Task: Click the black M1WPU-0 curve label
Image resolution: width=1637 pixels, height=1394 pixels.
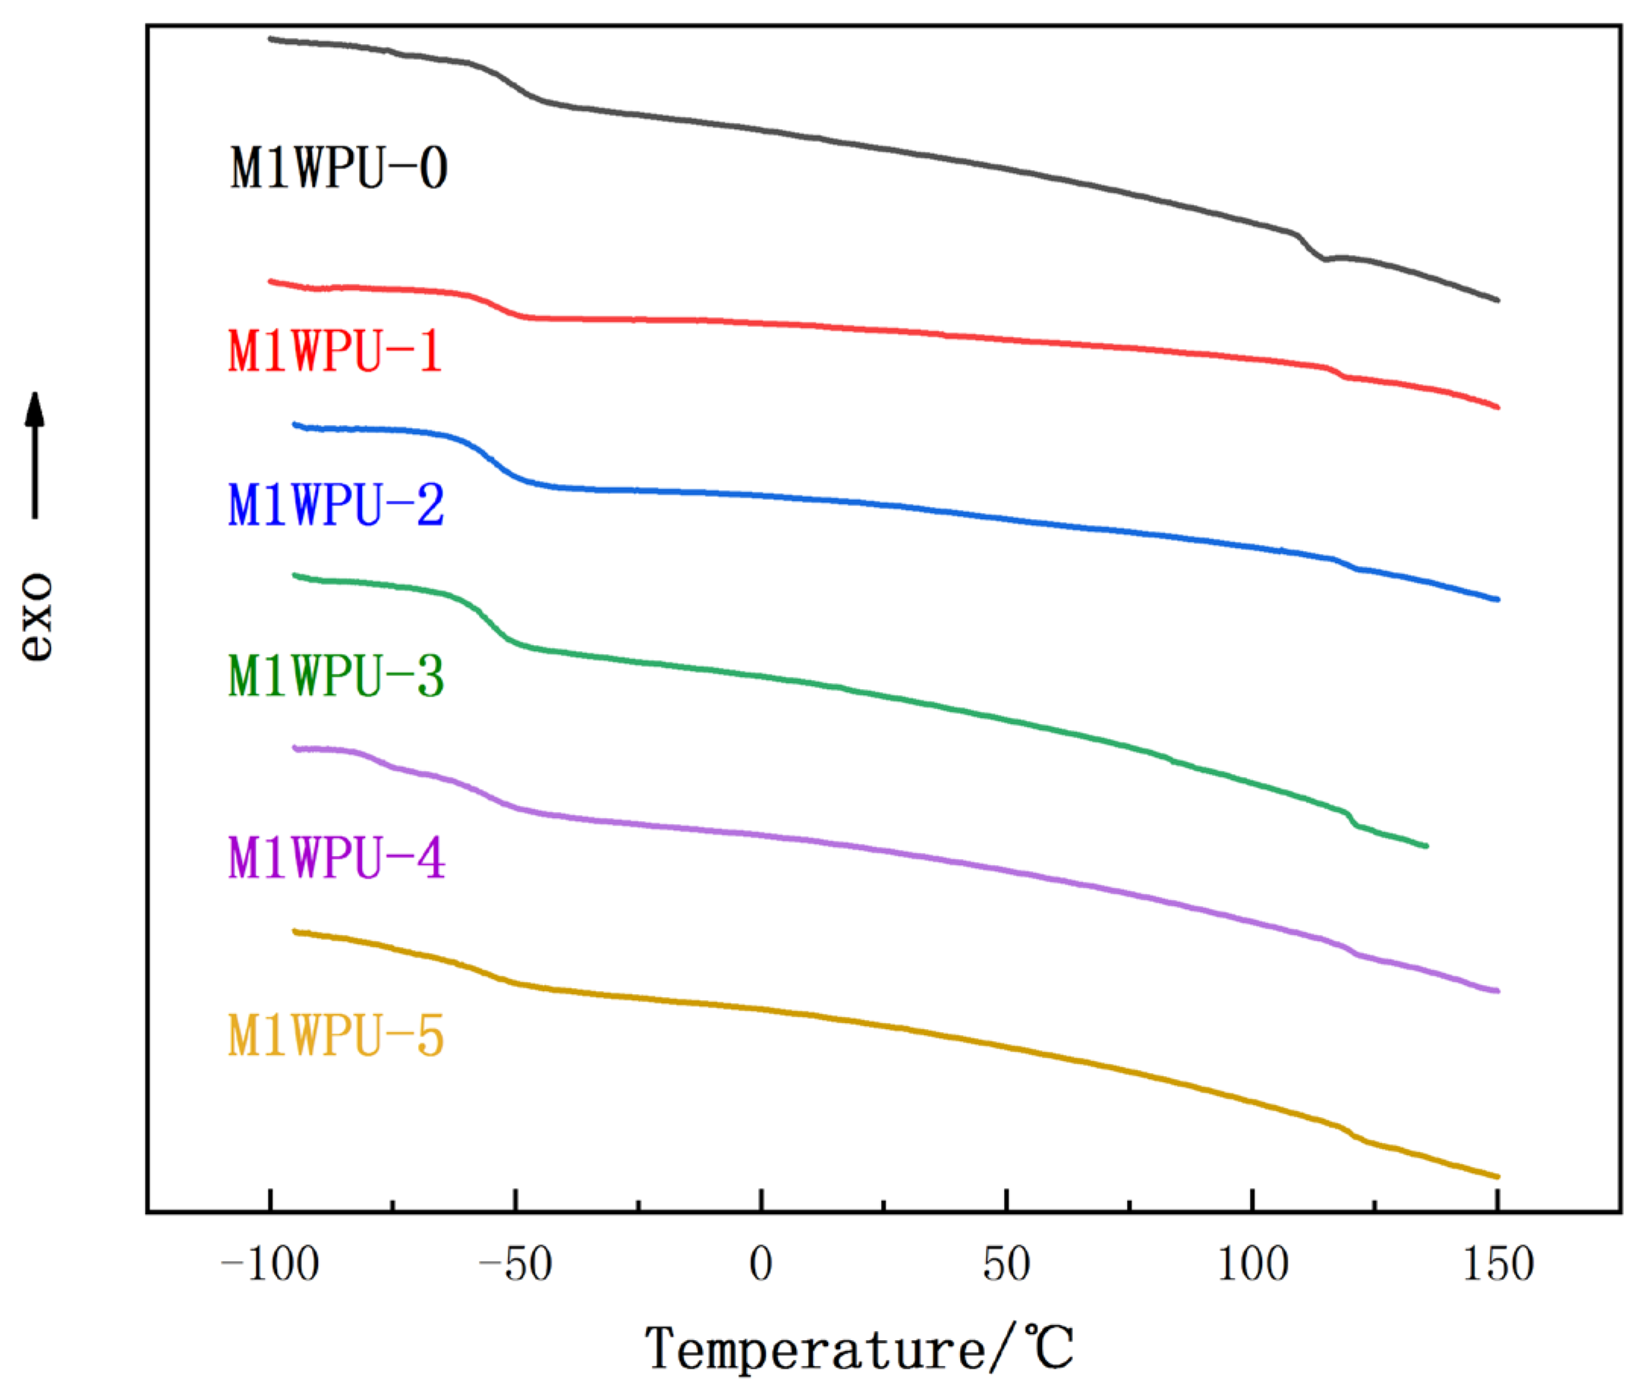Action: pyautogui.click(x=339, y=168)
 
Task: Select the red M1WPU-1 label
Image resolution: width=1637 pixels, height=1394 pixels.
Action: pyautogui.click(x=334, y=351)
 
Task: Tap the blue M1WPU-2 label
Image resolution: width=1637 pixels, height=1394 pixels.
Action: pyautogui.click(x=335, y=505)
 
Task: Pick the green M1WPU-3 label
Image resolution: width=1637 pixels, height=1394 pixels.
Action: pyautogui.click(x=335, y=676)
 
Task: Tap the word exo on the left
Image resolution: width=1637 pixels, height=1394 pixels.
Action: pyautogui.click(x=36, y=615)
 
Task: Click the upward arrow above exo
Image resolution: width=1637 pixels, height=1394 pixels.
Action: pyautogui.click(x=34, y=454)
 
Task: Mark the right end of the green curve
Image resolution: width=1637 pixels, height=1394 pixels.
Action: pyautogui.click(x=1426, y=846)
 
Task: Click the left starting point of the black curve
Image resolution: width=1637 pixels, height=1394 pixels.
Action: pyautogui.click(x=270, y=38)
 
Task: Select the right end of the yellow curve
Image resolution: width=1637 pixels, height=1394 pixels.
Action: pyautogui.click(x=1497, y=1177)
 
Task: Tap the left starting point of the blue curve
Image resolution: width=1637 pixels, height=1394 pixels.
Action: pyautogui.click(x=294, y=424)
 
